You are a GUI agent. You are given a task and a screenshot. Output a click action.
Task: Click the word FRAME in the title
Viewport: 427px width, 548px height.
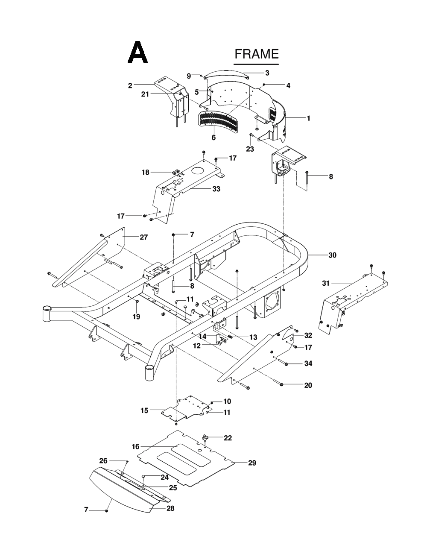(256, 54)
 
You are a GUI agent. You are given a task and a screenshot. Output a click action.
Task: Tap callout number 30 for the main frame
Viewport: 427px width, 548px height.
(332, 255)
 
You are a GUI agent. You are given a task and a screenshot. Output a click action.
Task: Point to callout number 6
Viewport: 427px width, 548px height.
(213, 138)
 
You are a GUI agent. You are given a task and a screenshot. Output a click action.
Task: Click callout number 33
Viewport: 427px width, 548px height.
(216, 189)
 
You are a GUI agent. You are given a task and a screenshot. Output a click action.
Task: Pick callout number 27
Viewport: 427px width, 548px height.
(143, 237)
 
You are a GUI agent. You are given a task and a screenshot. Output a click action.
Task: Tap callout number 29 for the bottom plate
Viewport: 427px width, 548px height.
(252, 463)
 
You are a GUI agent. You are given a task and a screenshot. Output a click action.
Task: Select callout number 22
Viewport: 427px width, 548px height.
(228, 437)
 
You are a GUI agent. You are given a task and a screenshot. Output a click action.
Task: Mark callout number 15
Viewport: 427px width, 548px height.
(144, 410)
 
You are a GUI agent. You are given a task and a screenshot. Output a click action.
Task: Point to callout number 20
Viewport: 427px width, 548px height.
(308, 385)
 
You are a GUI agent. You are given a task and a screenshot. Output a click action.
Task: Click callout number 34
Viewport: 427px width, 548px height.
(308, 363)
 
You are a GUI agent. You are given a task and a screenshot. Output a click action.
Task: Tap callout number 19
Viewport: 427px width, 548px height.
(136, 317)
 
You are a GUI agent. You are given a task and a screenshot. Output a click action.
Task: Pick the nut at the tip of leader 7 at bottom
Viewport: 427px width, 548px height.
(107, 511)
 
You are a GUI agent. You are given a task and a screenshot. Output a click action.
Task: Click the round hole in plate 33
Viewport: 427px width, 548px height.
(197, 171)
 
